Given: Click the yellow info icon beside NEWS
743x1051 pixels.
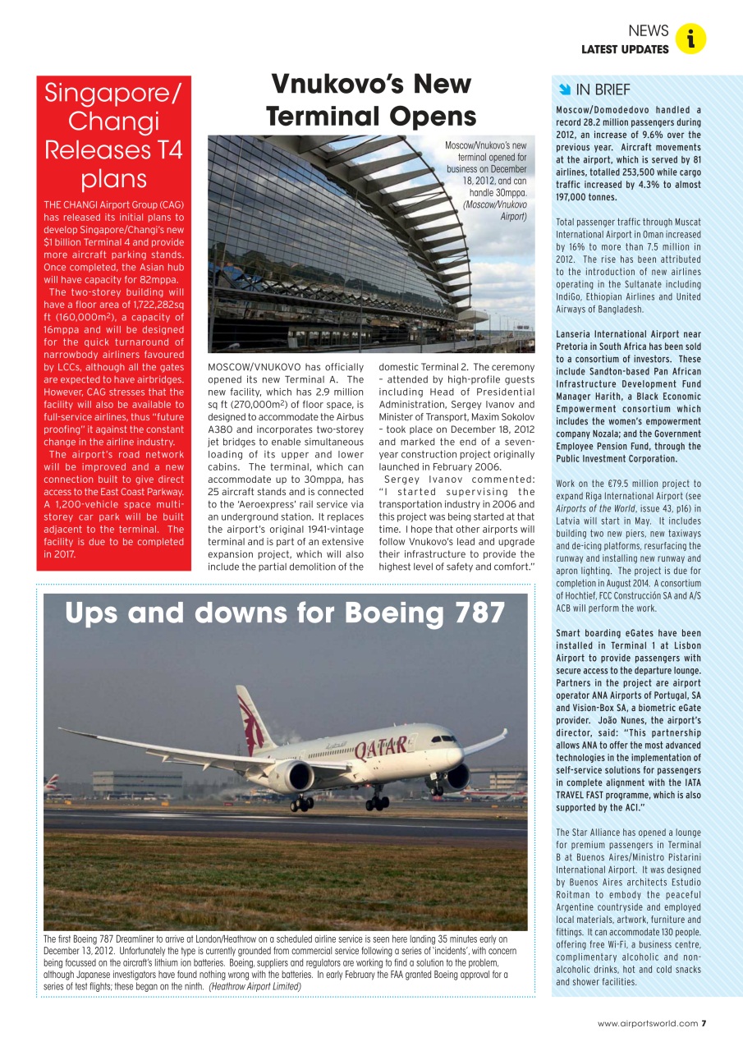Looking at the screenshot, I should click(x=691, y=39).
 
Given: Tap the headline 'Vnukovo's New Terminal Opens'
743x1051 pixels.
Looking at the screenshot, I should click(x=371, y=99).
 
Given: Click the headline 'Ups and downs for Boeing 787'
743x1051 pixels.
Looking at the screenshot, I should click(x=284, y=613).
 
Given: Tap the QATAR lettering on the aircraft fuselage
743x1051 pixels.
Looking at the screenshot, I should click(x=382, y=747).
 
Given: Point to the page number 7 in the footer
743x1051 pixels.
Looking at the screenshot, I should click(x=704, y=1023).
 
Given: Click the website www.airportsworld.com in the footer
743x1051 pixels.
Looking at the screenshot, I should click(x=648, y=1023).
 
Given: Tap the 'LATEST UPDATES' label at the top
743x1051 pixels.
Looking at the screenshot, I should click(x=625, y=49).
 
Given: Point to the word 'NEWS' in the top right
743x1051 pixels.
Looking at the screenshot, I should click(x=648, y=30).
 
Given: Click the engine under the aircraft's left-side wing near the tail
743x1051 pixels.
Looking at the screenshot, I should click(x=292, y=776).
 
